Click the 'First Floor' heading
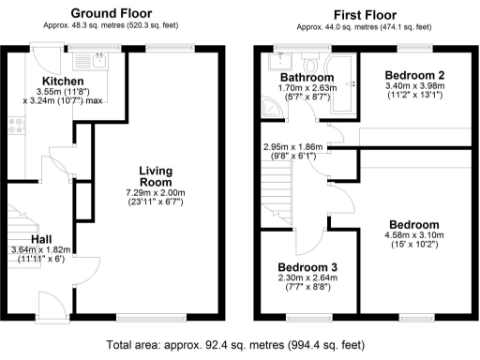(x=361, y=14)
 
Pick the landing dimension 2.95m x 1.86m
(x=296, y=147)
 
